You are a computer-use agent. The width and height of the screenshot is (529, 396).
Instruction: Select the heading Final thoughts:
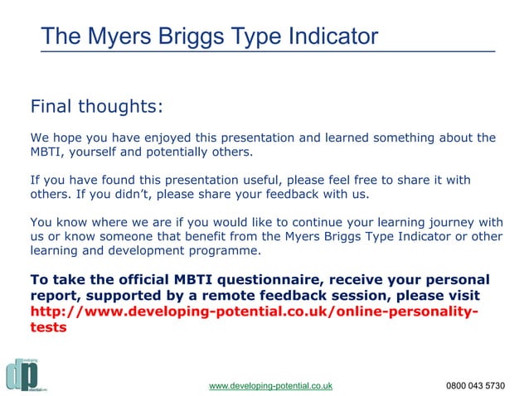pos(96,107)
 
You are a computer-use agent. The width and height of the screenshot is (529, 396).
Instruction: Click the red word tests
pos(48,326)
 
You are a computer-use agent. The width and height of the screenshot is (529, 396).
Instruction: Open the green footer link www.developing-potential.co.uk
pos(270,386)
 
